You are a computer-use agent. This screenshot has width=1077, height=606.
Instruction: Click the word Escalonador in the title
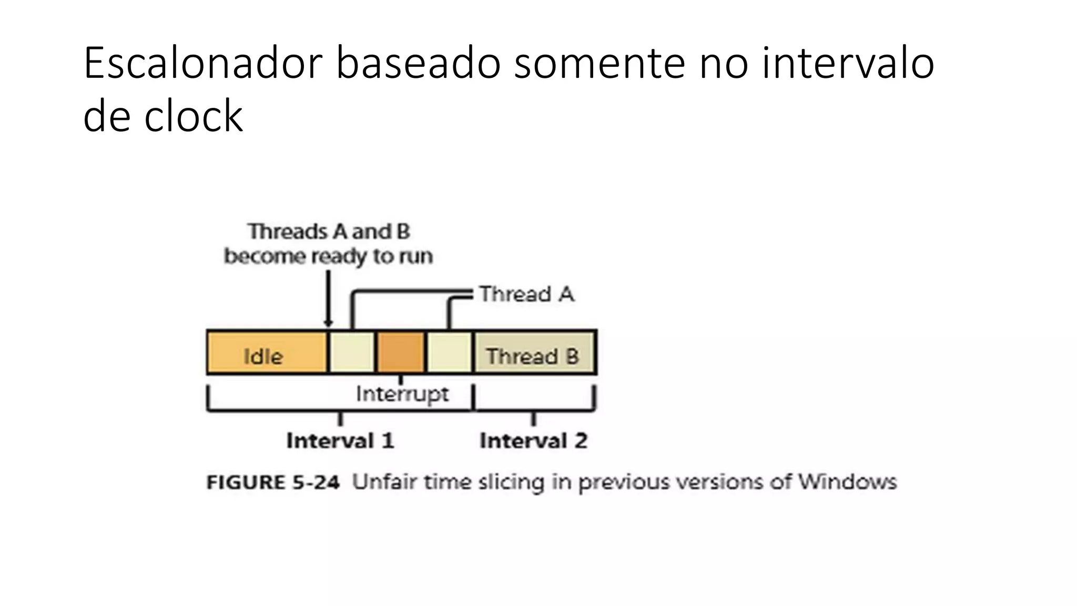tap(202, 63)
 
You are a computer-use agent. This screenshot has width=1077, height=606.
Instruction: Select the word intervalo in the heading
tap(848, 63)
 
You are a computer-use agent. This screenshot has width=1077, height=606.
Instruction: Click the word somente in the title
tap(600, 63)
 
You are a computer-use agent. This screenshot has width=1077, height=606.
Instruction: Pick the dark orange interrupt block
tap(401, 352)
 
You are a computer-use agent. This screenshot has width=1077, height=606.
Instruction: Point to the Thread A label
tap(526, 294)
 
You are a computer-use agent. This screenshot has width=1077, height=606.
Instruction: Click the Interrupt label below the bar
tap(402, 393)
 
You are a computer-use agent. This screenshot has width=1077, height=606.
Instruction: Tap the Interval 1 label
tap(340, 441)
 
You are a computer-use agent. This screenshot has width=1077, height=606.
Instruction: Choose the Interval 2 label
tap(533, 441)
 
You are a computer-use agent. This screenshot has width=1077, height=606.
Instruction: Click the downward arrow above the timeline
tap(328, 300)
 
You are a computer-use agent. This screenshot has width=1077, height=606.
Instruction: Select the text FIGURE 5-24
tap(273, 482)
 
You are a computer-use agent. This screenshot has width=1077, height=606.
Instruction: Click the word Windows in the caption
tap(847, 482)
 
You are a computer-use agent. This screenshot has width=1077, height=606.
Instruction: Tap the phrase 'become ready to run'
tap(328, 257)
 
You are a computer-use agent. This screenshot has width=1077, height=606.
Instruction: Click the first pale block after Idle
tap(351, 352)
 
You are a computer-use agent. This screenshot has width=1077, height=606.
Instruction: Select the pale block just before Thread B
tap(449, 352)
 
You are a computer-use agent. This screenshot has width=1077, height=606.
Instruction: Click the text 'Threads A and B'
tap(329, 231)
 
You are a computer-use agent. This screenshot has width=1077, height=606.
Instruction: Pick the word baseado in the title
tap(418, 63)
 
